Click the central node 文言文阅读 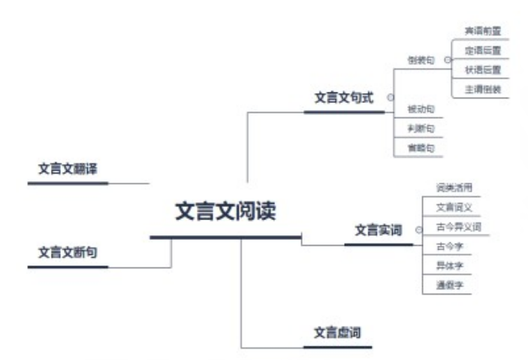pyautogui.click(x=225, y=211)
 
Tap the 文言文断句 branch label pyautogui.click(x=68, y=253)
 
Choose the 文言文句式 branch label pyautogui.click(x=343, y=98)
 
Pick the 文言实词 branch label pyautogui.click(x=379, y=230)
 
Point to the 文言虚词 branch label pyautogui.click(x=337, y=332)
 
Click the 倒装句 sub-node pyautogui.click(x=421, y=60)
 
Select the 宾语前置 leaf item pyautogui.click(x=482, y=31)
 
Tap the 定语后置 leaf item pyautogui.click(x=482, y=50)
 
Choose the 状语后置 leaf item pyautogui.click(x=482, y=70)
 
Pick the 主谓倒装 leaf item pyautogui.click(x=482, y=89)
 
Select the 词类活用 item pyautogui.click(x=454, y=187)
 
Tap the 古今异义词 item pyautogui.click(x=458, y=226)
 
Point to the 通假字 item pyautogui.click(x=450, y=285)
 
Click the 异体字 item pyautogui.click(x=450, y=265)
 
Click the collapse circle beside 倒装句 pyautogui.click(x=447, y=59)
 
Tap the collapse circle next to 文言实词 pyautogui.click(x=418, y=230)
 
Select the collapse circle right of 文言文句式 pyautogui.click(x=390, y=98)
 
